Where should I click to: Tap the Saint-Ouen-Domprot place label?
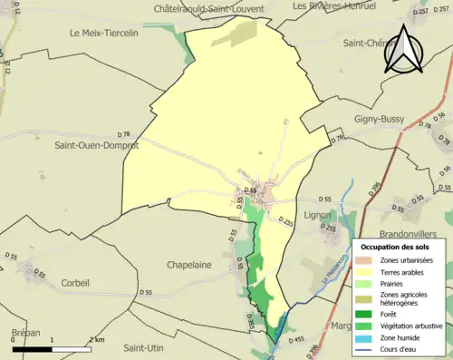pyautogui.click(x=97, y=145)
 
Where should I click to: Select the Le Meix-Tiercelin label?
pyautogui.click(x=110, y=33)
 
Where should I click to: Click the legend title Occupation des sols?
pyautogui.click(x=401, y=247)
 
